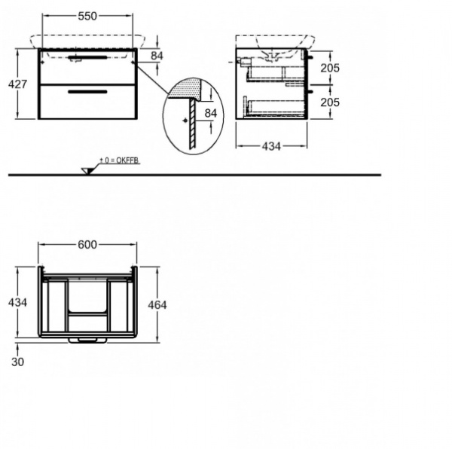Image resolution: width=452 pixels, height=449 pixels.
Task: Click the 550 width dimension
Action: point(87,16)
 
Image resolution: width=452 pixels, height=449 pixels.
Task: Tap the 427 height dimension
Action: point(17,84)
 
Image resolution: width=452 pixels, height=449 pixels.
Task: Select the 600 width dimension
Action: point(87,245)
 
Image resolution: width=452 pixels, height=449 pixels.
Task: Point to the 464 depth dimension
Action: point(157,305)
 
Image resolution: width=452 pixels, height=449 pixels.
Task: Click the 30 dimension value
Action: point(17,362)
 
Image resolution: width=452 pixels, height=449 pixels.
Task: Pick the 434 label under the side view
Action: point(271,146)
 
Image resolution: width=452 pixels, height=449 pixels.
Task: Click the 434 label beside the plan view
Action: point(17,302)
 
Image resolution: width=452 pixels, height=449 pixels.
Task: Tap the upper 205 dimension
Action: point(330,68)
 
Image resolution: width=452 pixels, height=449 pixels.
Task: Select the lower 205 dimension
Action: point(330,102)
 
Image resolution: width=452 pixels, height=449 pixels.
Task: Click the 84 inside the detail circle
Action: point(211,113)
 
